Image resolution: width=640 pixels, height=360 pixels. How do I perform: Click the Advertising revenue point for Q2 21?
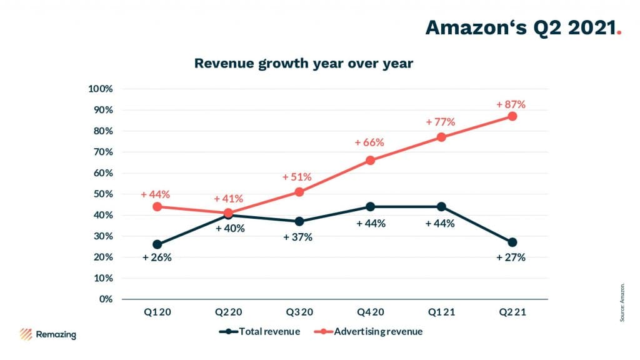click(x=512, y=116)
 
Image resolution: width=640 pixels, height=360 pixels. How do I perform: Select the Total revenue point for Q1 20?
click(x=157, y=244)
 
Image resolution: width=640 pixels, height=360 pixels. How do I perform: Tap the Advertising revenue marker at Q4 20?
click(x=370, y=160)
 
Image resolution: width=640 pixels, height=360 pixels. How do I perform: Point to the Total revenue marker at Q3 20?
click(x=299, y=221)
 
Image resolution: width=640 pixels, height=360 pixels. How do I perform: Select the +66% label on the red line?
click(x=369, y=142)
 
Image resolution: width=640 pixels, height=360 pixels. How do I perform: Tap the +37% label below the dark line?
click(x=297, y=237)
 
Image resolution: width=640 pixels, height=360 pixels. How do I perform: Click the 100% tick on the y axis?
click(x=101, y=89)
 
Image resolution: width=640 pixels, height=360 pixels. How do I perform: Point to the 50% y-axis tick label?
click(x=102, y=194)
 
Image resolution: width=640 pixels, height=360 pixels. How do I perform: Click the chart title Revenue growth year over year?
click(x=303, y=63)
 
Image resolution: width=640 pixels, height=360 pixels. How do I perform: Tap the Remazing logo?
click(x=48, y=334)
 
